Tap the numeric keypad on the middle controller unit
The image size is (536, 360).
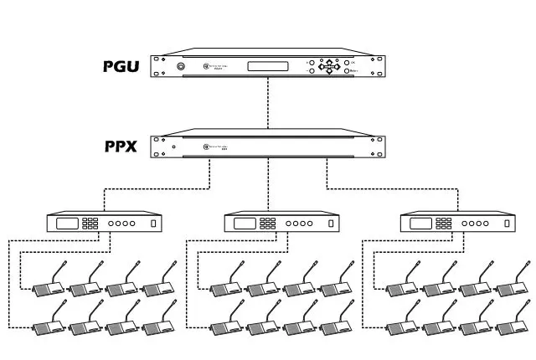(x=268, y=224)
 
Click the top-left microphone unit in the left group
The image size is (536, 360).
(x=49, y=285)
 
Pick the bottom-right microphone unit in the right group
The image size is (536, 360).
(x=513, y=325)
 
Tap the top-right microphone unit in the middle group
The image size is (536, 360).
(x=336, y=285)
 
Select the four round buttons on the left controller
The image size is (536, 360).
(x=121, y=224)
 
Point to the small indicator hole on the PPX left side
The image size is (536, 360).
(x=173, y=148)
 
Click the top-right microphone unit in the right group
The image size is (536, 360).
(x=513, y=285)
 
